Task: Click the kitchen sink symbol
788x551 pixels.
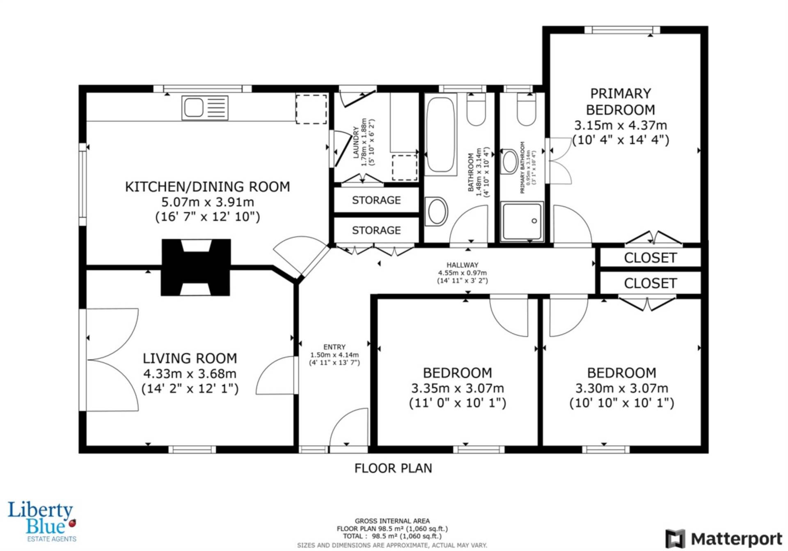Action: click(205, 108)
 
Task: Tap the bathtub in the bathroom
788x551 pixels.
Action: click(440, 135)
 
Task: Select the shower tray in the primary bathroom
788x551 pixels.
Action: click(522, 221)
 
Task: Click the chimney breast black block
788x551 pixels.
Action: click(196, 267)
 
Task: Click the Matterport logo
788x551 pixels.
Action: click(724, 539)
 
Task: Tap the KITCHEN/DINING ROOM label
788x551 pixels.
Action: click(207, 187)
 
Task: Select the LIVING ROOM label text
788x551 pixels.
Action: click(190, 358)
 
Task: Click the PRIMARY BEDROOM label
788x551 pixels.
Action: click(621, 102)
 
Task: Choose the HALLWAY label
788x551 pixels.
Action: click(463, 265)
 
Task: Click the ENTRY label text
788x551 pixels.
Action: click(334, 347)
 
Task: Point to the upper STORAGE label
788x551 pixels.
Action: click(376, 200)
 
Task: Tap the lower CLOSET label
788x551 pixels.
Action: click(650, 283)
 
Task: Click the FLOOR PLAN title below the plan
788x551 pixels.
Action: click(393, 468)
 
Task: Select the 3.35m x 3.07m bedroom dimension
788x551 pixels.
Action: click(458, 388)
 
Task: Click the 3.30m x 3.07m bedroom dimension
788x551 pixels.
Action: click(622, 388)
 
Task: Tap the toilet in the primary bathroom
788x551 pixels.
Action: click(527, 110)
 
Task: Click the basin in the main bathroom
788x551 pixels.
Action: click(436, 211)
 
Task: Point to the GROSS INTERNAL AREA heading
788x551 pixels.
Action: click(392, 521)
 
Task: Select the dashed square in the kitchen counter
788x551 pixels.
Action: click(312, 109)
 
